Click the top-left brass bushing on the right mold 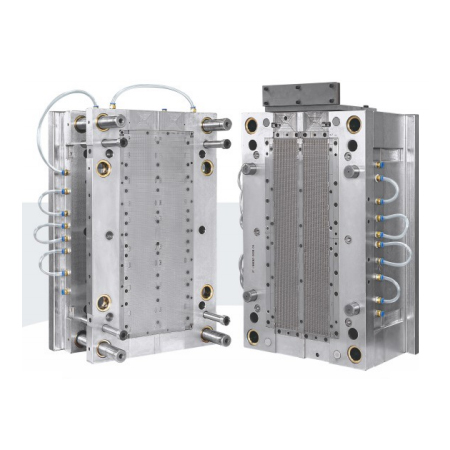click(252, 125)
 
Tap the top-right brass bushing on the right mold click(354, 125)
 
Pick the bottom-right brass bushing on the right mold click(355, 353)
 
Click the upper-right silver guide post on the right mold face click(352, 171)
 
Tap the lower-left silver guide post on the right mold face click(251, 294)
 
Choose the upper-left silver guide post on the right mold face click(250, 169)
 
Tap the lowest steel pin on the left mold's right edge click(216, 339)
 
